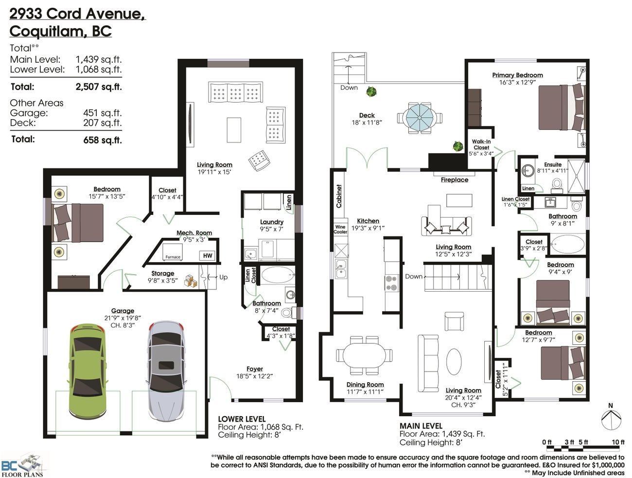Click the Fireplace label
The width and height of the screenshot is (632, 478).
[455, 180]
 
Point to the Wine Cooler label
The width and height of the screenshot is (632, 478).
[340, 229]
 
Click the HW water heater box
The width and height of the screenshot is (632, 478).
[208, 256]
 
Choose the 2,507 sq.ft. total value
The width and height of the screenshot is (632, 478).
[99, 87]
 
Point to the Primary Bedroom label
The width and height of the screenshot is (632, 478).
[517, 75]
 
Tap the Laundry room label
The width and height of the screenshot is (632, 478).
[271, 222]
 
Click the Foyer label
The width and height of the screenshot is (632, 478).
[255, 369]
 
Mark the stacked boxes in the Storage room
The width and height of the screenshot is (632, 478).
[191, 281]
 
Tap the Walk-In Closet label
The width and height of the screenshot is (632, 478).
[481, 144]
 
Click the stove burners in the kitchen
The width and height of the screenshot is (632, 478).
[392, 283]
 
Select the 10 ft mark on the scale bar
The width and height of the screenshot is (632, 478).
[618, 442]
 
